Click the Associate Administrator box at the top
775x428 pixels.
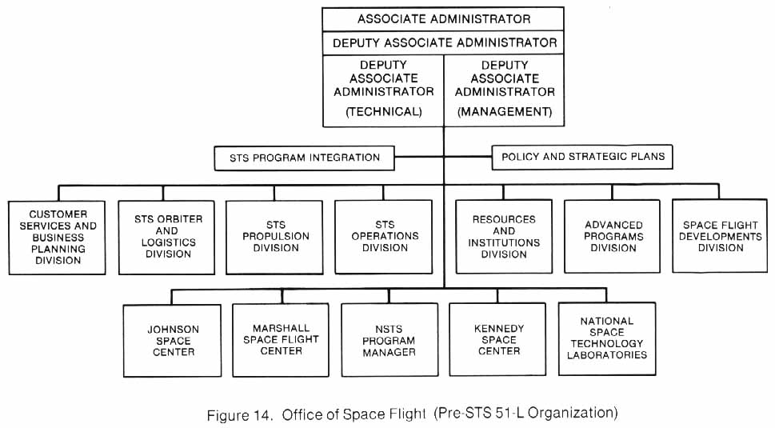443,18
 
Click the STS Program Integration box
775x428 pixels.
305,158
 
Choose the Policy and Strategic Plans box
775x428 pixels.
582,157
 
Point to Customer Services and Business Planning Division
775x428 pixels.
57,238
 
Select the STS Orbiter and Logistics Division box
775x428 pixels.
167,237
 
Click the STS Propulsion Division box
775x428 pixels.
274,237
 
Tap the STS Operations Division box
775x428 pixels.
385,237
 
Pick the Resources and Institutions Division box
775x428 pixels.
504,237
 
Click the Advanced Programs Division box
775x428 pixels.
613,237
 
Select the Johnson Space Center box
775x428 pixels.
173,340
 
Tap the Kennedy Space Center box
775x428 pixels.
498,340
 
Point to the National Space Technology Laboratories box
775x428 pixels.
607,338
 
